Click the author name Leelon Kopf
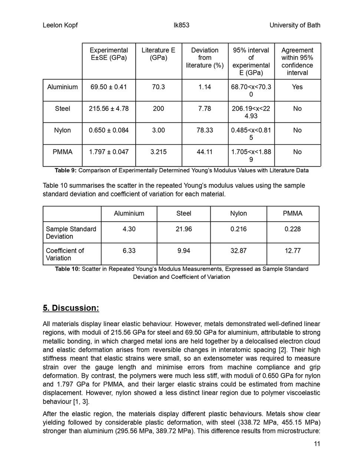60,25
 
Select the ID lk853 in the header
181,25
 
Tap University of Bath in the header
295,25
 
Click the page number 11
317,444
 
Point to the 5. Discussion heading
71,308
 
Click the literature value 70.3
158,87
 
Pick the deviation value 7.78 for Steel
205,109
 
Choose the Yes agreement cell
297,87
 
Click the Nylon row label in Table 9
62,130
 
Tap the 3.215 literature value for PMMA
158,152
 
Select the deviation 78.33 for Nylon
205,130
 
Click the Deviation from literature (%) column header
205,58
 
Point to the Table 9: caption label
66,171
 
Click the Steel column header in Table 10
184,214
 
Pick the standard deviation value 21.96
184,229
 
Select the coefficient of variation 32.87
238,251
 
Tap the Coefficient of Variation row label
65,254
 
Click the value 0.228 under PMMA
293,229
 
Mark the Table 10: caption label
67,269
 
